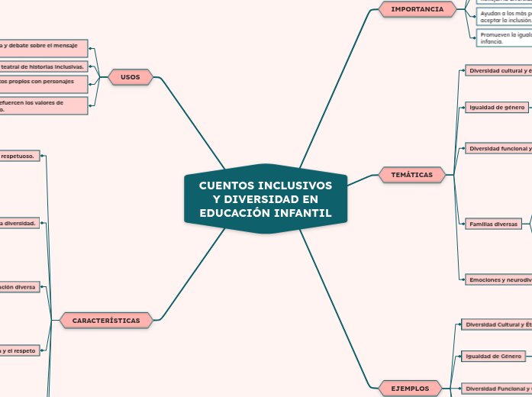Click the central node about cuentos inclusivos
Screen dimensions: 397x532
pyautogui.click(x=266, y=198)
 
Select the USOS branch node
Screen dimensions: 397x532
pyautogui.click(x=131, y=77)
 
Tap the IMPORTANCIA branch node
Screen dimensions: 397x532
pyautogui.click(x=417, y=9)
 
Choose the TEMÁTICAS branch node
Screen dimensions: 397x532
pyautogui.click(x=411, y=175)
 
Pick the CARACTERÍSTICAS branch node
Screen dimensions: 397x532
pyautogui.click(x=106, y=321)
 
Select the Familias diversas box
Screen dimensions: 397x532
pyautogui.click(x=493, y=224)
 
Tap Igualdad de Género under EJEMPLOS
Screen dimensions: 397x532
pyautogui.click(x=494, y=356)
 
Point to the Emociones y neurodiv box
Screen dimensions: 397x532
pyautogui.click(x=499, y=279)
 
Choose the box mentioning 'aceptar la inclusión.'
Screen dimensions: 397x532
pyautogui.click(x=503, y=17)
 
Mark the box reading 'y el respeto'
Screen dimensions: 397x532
pyautogui.click(x=21, y=350)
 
